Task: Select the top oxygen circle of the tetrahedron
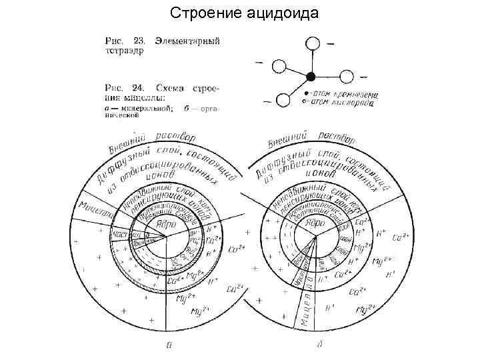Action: point(313,44)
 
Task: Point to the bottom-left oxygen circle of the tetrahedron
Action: point(283,100)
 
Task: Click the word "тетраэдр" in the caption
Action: point(123,50)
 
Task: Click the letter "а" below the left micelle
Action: point(169,345)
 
